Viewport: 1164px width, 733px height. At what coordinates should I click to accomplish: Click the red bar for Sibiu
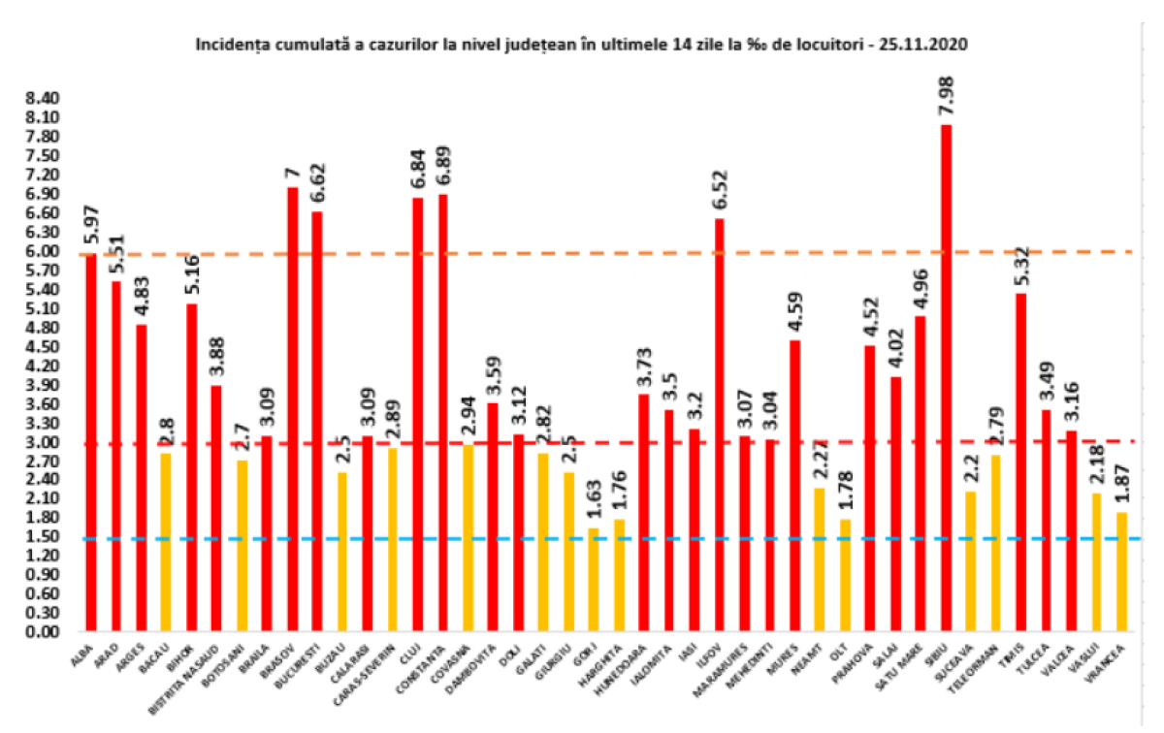point(945,378)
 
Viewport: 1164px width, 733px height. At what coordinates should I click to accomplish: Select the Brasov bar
point(292,407)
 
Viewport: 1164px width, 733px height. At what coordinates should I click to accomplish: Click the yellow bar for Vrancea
point(1121,571)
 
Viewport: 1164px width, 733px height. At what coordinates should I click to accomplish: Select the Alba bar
point(91,442)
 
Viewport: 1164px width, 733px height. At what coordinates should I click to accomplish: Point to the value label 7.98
point(945,93)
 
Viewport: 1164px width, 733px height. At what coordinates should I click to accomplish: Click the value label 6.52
point(719,187)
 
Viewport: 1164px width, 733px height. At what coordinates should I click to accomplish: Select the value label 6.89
point(443,163)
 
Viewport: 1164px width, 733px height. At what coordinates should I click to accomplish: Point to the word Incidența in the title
point(228,45)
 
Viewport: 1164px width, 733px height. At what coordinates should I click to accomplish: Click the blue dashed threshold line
point(679,538)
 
